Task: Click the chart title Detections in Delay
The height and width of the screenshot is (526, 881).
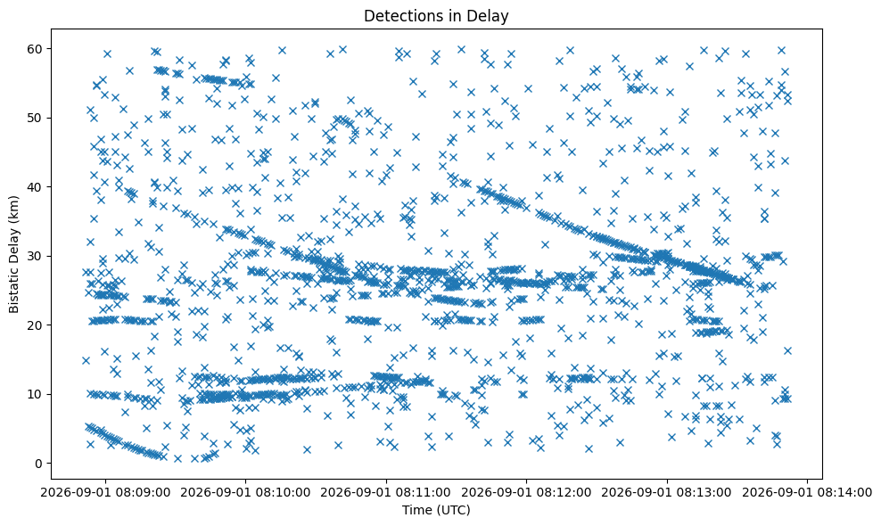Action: [x=436, y=16]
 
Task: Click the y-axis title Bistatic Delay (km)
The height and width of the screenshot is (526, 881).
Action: [x=14, y=255]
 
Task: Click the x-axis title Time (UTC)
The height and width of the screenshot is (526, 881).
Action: [x=436, y=510]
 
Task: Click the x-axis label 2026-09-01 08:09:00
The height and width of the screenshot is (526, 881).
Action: [x=105, y=493]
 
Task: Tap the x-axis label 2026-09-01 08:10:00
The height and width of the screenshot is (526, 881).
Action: [x=245, y=493]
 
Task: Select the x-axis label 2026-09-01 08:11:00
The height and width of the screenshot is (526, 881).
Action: [x=386, y=493]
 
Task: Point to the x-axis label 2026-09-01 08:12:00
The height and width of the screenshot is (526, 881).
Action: [x=526, y=493]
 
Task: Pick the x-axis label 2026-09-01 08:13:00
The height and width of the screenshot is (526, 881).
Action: [x=668, y=493]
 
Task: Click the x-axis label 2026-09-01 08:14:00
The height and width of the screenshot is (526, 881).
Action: [x=807, y=493]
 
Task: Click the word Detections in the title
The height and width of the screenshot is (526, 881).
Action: [x=398, y=16]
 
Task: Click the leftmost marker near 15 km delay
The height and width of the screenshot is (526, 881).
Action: [x=86, y=361]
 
